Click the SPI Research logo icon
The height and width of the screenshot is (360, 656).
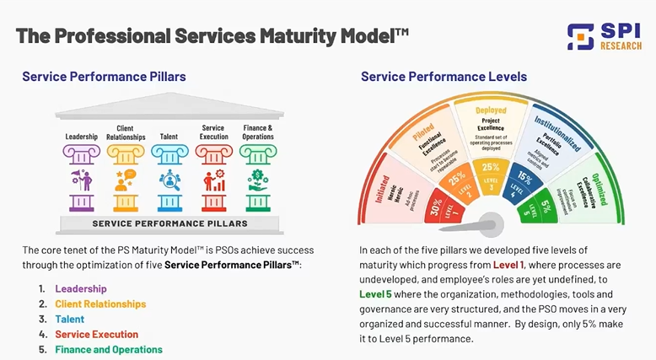point(580,36)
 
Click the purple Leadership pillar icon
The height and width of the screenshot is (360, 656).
point(82,179)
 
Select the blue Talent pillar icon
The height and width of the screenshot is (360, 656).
point(169,179)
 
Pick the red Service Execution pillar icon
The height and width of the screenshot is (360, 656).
point(213,179)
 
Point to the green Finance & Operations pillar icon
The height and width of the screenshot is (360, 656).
point(256,179)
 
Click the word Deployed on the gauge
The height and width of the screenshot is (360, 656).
point(490,110)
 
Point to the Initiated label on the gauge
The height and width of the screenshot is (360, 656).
point(377,179)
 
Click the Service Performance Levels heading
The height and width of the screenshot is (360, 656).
point(444,77)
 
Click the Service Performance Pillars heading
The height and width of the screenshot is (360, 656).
point(105,77)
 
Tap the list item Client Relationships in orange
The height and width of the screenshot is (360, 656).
point(100,304)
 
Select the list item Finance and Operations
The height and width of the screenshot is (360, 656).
point(109,349)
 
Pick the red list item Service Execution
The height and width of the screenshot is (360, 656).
point(96,334)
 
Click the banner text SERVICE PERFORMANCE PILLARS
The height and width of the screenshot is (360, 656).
point(169,223)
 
